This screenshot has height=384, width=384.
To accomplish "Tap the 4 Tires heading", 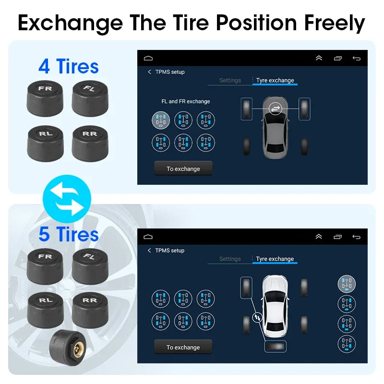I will [x=69, y=66].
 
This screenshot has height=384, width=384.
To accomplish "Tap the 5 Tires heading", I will [x=69, y=234].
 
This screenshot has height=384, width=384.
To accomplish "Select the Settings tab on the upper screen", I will [x=230, y=80].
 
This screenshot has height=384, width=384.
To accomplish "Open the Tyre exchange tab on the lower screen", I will [x=275, y=259].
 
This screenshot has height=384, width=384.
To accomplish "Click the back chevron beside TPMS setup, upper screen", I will [x=149, y=72].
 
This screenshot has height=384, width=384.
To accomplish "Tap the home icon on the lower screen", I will [x=148, y=237].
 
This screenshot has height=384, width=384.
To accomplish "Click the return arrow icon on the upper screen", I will [x=356, y=58].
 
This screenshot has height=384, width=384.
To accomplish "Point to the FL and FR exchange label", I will [x=185, y=101].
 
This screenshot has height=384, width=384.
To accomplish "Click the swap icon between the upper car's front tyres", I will [x=276, y=109].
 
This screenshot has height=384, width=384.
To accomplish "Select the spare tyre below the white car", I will [x=275, y=347].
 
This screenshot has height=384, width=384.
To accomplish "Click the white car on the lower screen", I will [x=275, y=302].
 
